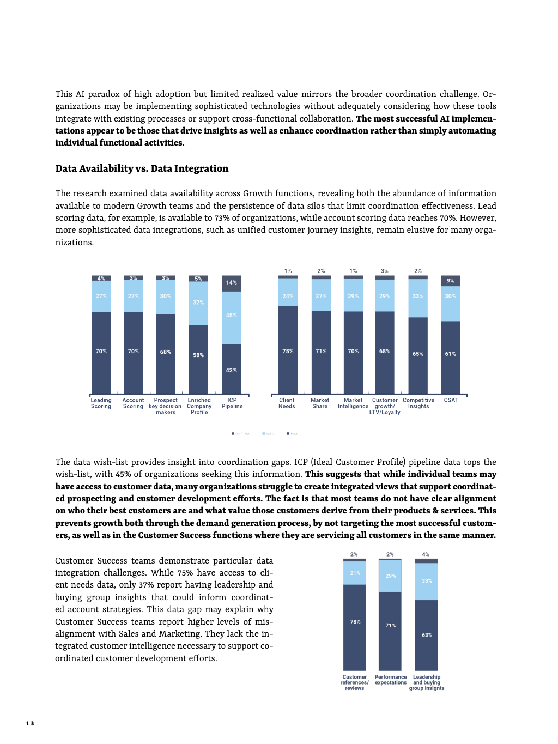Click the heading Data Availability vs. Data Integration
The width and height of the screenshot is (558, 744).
pyautogui.click(x=142, y=168)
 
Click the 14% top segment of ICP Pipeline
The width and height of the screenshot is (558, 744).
pyautogui.click(x=232, y=283)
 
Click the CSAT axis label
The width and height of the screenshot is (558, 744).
pyautogui.click(x=451, y=400)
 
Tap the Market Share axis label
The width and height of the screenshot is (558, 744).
pyautogui.click(x=320, y=403)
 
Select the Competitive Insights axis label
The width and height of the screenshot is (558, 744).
pyautogui.click(x=418, y=403)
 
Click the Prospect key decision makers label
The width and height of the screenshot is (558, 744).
pyautogui.click(x=166, y=406)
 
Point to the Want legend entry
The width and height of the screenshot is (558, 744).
pyautogui.click(x=268, y=434)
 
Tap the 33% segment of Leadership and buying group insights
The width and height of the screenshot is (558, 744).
pyautogui.click(x=427, y=581)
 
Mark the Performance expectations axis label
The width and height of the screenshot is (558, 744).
pyautogui.click(x=391, y=680)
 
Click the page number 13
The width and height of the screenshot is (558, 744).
pyautogui.click(x=30, y=723)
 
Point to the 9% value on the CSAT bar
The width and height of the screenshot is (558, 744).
pyautogui.click(x=450, y=281)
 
